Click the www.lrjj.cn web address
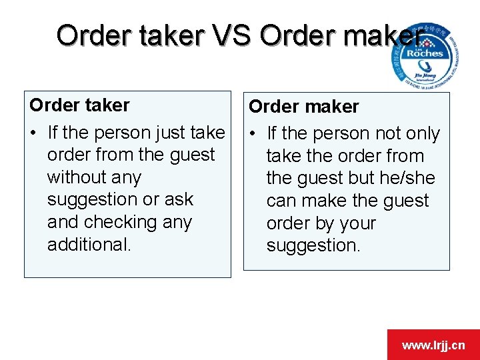[x=433, y=345]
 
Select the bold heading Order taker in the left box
[x=80, y=105]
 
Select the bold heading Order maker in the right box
[x=303, y=106]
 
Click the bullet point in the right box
[x=254, y=134]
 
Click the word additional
[x=89, y=245]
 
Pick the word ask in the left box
[x=179, y=199]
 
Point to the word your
[x=357, y=223]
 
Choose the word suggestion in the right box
[x=313, y=245]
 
